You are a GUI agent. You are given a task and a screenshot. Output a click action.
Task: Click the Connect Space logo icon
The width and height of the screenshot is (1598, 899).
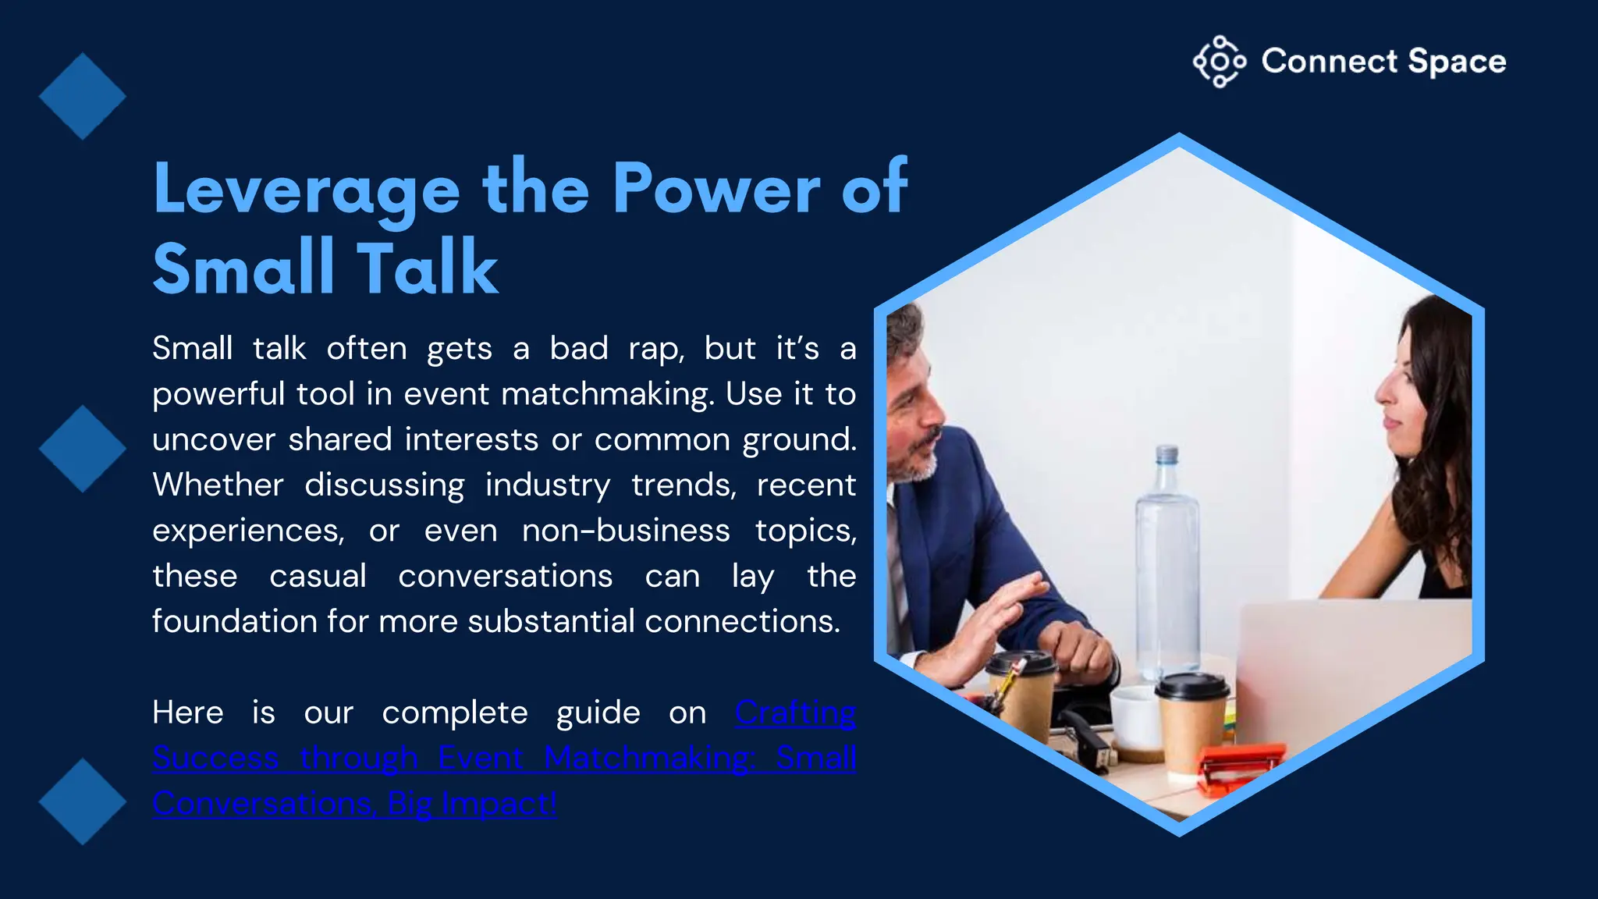coord(1219,61)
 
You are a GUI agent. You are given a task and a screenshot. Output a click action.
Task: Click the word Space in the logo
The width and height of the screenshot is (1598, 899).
coord(1457,62)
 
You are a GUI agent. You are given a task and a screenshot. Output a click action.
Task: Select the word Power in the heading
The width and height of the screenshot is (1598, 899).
coord(716,188)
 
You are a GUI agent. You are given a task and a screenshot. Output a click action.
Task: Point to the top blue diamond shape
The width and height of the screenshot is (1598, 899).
coord(82,96)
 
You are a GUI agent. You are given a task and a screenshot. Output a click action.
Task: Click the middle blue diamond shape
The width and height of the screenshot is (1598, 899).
coord(82,449)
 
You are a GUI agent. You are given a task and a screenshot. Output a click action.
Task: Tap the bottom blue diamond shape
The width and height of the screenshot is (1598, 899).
coord(82,801)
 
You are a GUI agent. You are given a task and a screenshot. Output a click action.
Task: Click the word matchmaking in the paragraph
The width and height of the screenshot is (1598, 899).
coord(607,394)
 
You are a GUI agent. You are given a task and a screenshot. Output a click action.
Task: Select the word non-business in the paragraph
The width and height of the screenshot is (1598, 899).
coord(626,531)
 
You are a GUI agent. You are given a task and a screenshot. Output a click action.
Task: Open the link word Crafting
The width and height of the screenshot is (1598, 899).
coord(795,712)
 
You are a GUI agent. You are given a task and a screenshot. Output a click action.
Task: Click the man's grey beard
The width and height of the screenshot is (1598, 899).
coord(917,464)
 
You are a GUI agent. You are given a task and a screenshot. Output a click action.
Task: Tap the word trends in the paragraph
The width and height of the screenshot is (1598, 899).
coord(684,485)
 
